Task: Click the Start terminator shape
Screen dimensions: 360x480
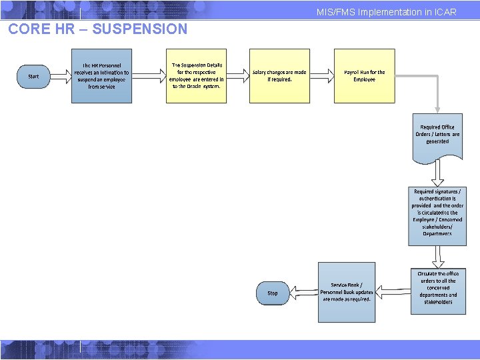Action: click(x=33, y=77)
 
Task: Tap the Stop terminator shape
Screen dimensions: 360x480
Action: click(x=273, y=293)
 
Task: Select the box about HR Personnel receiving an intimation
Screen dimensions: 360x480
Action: click(x=101, y=76)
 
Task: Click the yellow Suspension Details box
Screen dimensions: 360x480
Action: click(x=197, y=76)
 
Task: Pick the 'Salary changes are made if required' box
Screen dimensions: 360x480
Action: click(x=279, y=76)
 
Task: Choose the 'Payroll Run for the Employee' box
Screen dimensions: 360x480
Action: click(x=364, y=76)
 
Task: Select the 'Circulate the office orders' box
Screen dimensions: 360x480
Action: click(x=438, y=291)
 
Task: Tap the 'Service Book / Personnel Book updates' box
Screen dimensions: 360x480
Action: click(x=347, y=292)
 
